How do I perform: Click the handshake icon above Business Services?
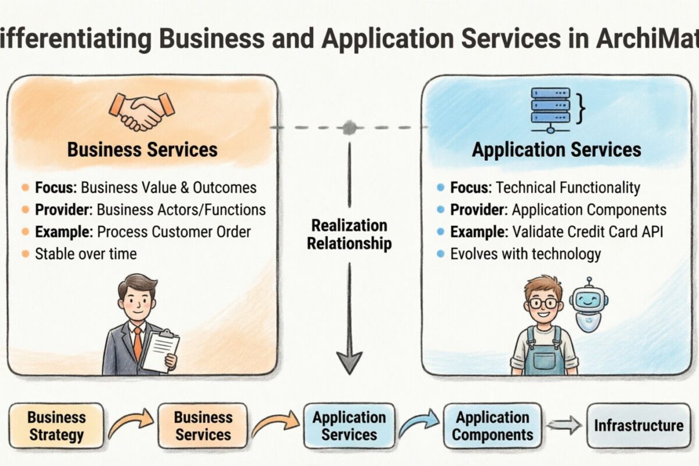[x=142, y=110]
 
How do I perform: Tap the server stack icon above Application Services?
[x=550, y=105]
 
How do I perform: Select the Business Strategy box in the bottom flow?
[x=57, y=426]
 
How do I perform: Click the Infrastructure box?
[x=638, y=425]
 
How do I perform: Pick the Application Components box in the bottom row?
[x=492, y=426]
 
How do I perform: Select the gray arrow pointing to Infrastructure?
[x=564, y=425]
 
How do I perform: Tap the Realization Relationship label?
[x=349, y=234]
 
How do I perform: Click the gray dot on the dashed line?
[x=349, y=127]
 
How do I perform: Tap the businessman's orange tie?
[x=137, y=343]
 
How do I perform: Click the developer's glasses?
[x=543, y=303]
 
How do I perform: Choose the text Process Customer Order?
[x=174, y=231]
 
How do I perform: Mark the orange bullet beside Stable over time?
[x=24, y=253]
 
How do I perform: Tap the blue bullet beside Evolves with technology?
[x=440, y=253]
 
